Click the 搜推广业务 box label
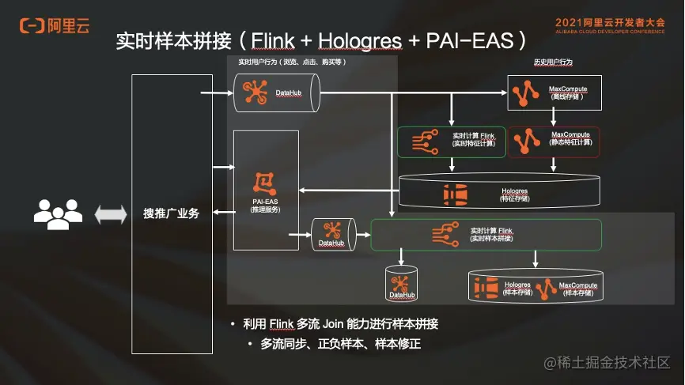(171, 213)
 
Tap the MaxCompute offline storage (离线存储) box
(553, 92)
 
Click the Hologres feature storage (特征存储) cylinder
(498, 192)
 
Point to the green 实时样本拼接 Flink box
(486, 233)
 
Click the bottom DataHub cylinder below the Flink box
(401, 284)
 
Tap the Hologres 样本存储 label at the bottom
(517, 288)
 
